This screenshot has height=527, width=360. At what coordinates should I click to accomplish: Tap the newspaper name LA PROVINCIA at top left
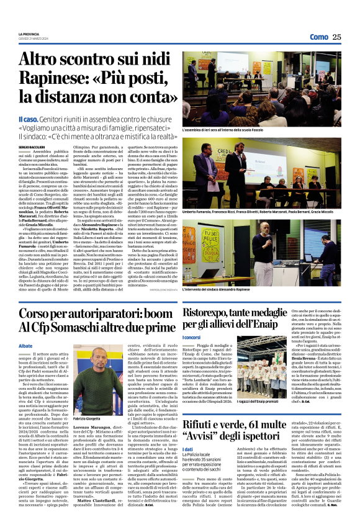coord(29,34)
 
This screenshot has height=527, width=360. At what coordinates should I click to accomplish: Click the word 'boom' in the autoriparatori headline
coord(150,315)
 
